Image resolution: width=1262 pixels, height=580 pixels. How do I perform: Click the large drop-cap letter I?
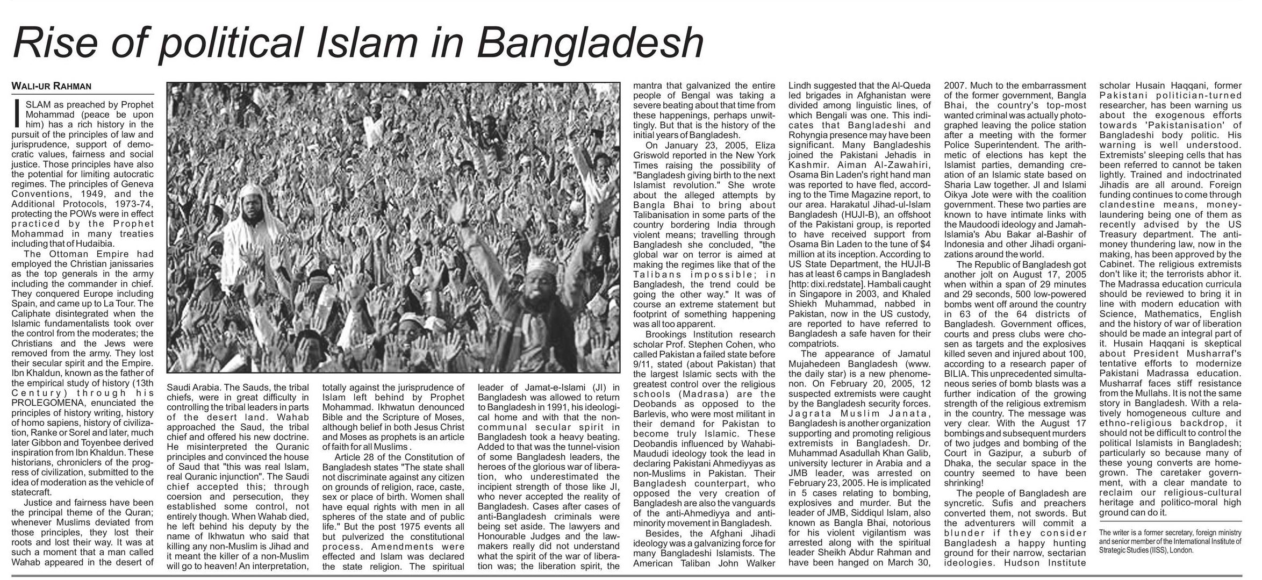[17, 113]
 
